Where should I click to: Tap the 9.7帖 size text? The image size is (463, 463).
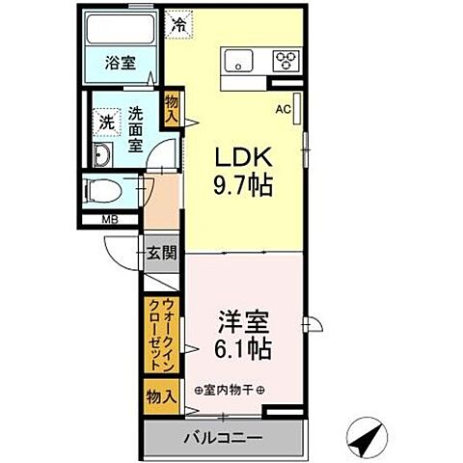pos(241,183)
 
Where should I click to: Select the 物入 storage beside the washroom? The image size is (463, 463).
pos(171,107)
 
